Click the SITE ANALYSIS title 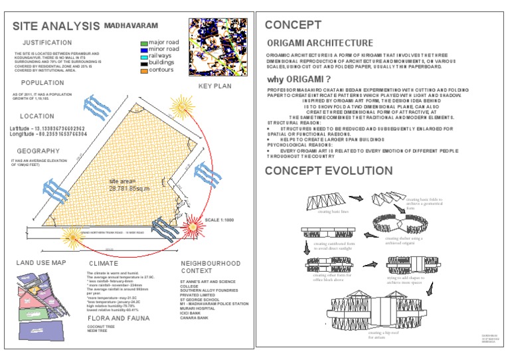click(55, 27)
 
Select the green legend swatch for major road click(143, 43)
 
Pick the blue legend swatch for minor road click(143, 49)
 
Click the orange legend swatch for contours click(143, 70)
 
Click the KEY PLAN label click(214, 86)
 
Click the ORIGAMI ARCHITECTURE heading click(315, 43)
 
